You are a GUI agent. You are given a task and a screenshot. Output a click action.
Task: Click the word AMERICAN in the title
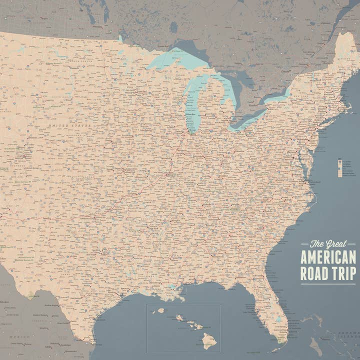click(327, 257)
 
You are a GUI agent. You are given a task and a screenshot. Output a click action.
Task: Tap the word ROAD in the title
click(314, 273)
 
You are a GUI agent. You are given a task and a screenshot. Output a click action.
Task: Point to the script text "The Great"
click(328, 244)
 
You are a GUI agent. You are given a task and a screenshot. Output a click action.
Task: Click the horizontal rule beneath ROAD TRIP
click(328, 283)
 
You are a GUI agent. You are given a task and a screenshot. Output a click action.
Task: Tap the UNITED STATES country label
click(69, 125)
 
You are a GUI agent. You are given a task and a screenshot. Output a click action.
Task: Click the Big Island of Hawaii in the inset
click(209, 341)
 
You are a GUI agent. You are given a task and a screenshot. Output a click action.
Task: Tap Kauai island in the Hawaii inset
click(161, 310)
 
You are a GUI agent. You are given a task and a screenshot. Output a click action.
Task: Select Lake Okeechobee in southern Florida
click(278, 318)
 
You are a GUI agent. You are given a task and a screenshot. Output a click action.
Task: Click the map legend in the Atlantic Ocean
click(340, 168)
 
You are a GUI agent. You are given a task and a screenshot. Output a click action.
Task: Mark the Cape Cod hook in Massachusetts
click(348, 100)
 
